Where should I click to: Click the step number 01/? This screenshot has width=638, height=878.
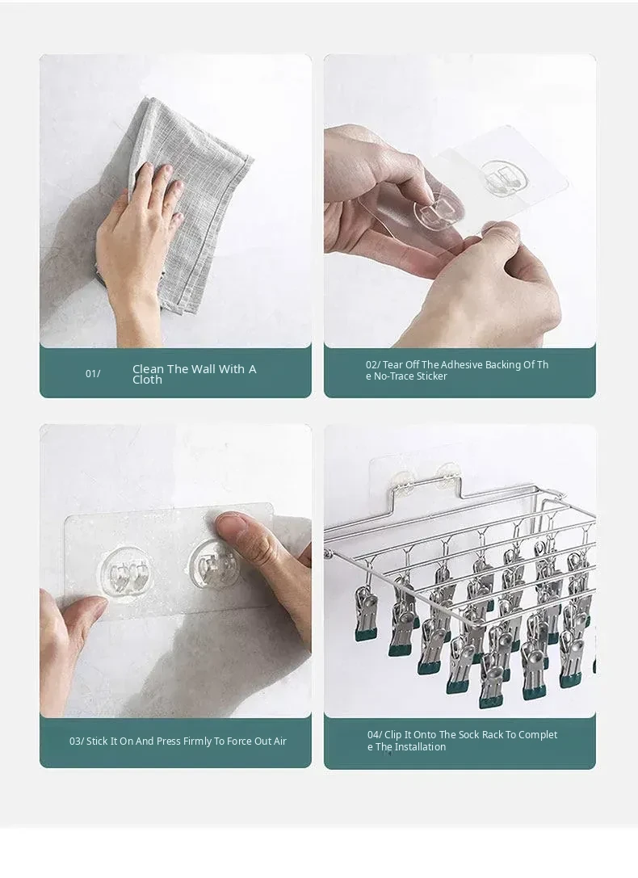[93, 373]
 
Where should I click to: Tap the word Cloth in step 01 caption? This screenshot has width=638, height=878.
[147, 380]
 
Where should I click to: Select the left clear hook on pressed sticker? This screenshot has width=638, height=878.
[127, 570]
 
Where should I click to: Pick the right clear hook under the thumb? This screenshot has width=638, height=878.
[214, 565]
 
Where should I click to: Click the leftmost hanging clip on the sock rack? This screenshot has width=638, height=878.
[366, 614]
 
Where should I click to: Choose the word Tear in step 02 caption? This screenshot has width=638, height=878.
[393, 364]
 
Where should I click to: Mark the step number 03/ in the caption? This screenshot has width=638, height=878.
[77, 741]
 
